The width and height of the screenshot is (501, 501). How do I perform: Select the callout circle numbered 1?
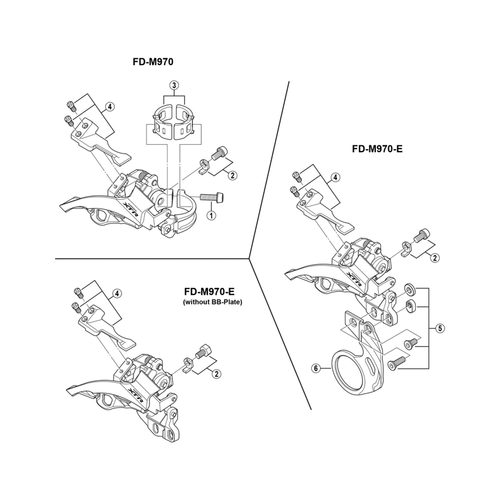[211, 215]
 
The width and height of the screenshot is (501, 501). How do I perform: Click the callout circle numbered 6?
[316, 368]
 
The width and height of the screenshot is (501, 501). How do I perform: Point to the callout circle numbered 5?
[440, 328]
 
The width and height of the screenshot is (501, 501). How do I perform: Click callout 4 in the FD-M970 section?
[110, 106]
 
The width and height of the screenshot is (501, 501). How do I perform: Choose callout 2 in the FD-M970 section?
[232, 175]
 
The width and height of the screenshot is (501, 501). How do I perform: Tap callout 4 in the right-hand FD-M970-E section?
[336, 178]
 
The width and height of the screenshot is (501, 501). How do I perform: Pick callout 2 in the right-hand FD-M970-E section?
[435, 257]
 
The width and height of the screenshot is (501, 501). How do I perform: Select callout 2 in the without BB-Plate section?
[217, 374]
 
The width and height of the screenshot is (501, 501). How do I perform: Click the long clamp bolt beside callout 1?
[213, 197]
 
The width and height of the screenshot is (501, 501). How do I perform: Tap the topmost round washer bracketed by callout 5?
[409, 289]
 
